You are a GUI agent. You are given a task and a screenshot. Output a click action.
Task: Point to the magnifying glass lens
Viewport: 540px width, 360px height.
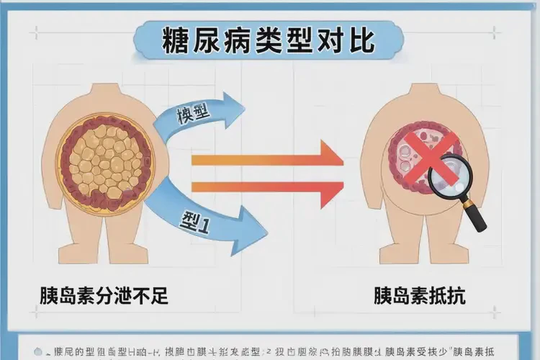[448, 174]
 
